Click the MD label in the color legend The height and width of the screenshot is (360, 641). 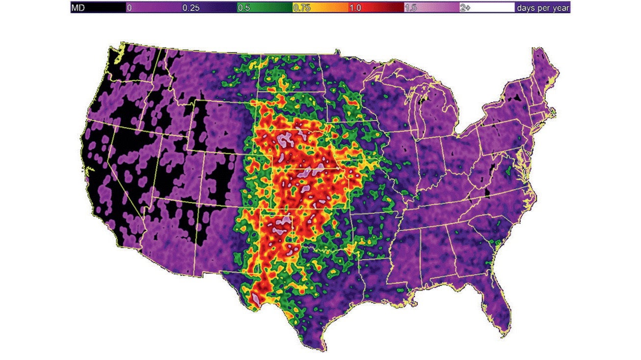[x=79, y=8]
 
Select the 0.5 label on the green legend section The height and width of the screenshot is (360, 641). [x=243, y=8]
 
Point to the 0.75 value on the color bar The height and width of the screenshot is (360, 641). [x=301, y=8]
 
